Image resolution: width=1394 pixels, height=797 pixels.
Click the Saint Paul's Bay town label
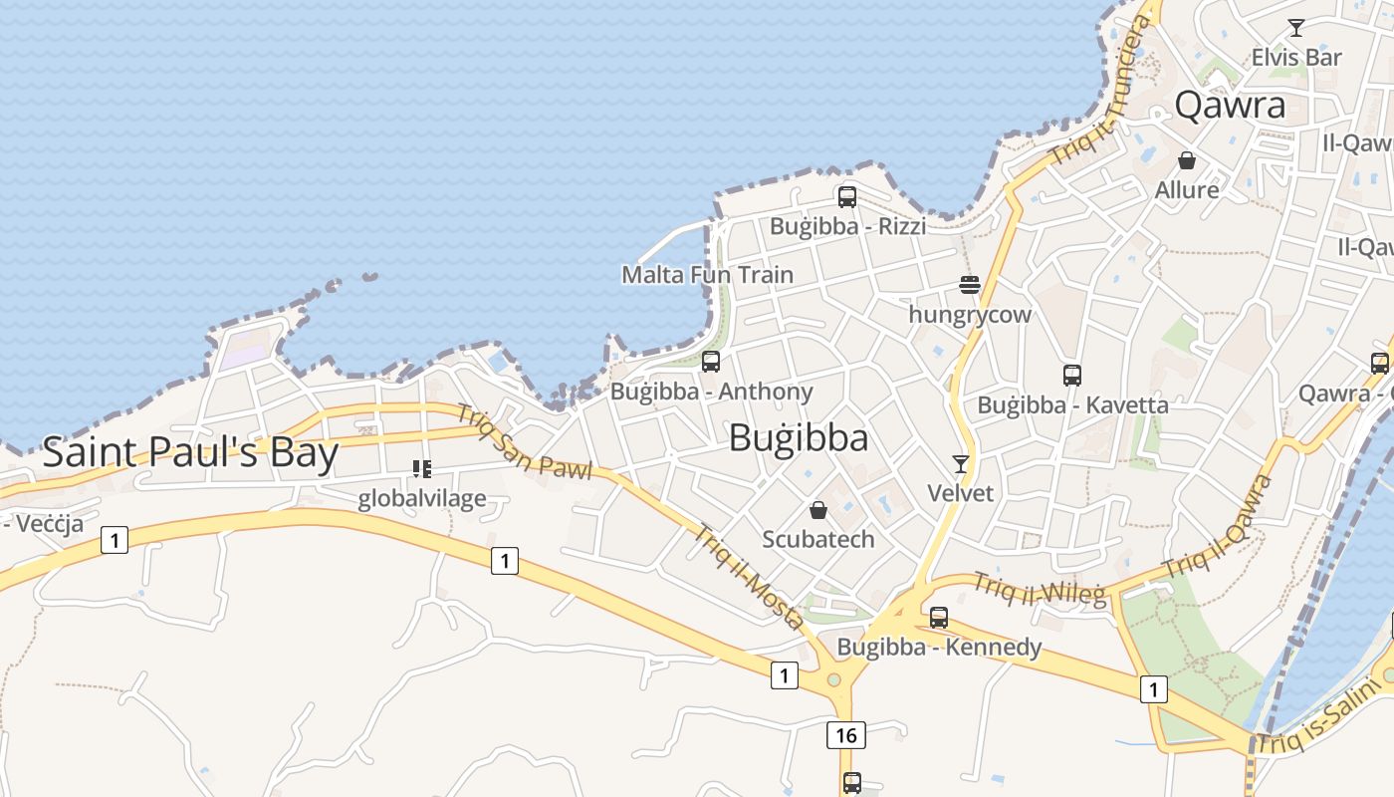(190, 453)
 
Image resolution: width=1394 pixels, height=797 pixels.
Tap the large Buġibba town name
(799, 438)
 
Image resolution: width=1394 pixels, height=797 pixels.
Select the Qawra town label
(1230, 105)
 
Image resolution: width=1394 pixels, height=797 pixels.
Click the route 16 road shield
(845, 735)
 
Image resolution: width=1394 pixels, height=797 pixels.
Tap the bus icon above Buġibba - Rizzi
(847, 196)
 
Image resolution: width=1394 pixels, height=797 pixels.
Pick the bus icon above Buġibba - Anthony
(711, 362)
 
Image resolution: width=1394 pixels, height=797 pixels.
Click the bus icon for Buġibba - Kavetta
(1072, 376)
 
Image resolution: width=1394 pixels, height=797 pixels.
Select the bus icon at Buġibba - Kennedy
(939, 618)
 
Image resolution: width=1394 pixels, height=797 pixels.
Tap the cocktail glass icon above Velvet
(961, 463)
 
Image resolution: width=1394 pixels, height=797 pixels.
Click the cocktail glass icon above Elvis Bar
(1296, 28)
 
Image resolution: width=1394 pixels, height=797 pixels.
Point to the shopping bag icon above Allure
(1187, 160)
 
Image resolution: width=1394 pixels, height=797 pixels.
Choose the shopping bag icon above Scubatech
(818, 510)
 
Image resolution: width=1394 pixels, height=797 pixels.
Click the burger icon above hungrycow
(971, 285)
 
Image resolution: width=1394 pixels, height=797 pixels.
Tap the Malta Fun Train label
(708, 274)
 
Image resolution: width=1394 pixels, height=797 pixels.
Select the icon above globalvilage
(422, 468)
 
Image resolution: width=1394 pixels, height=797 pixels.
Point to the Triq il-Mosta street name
(750, 578)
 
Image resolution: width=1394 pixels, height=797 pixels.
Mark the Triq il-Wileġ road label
(1040, 590)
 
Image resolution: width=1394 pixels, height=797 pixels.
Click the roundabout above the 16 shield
(834, 680)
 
